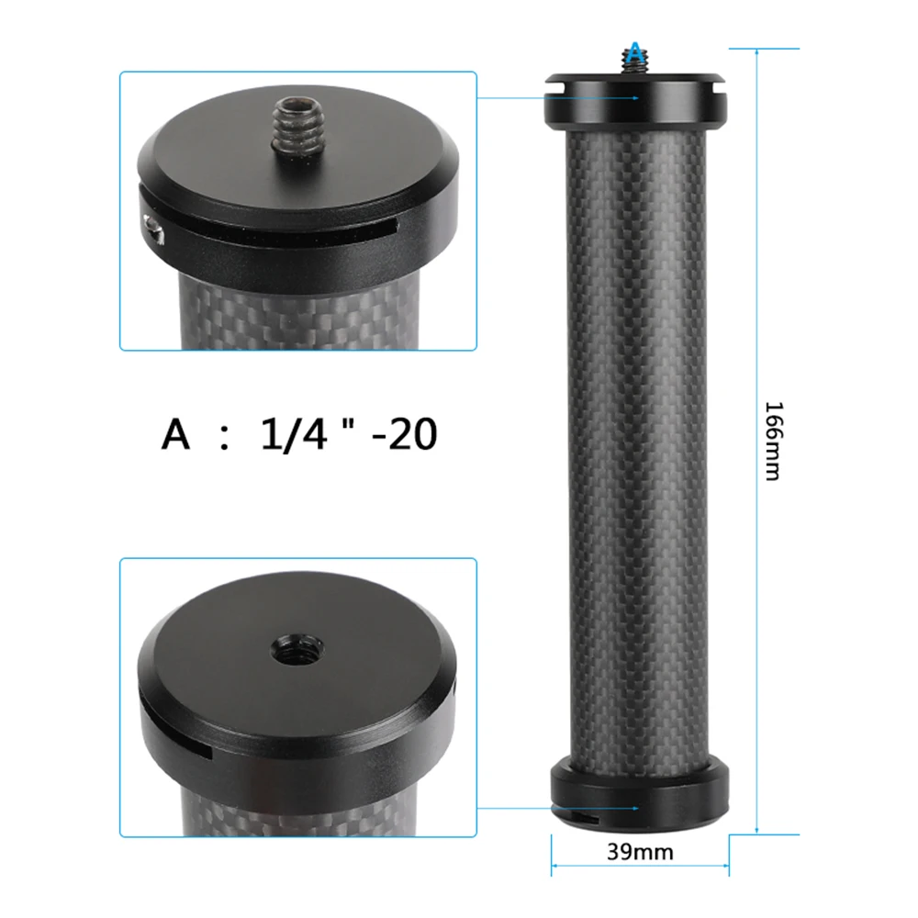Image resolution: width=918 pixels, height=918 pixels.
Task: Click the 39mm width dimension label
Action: [x=640, y=852]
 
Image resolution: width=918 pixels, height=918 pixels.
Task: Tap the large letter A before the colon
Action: [x=176, y=434]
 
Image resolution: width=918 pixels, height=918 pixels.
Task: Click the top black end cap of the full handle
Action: [x=635, y=104]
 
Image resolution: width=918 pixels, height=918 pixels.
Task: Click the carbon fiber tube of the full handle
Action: [x=637, y=441]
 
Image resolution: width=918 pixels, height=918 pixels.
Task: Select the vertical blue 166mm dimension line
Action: [x=756, y=275]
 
